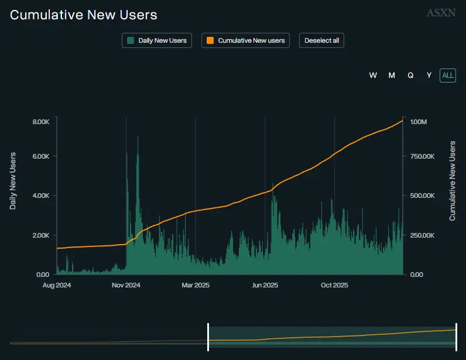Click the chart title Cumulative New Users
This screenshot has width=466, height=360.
pos(84,15)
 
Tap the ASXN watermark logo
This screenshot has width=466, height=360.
pos(441,12)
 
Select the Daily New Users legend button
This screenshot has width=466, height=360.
pos(157,40)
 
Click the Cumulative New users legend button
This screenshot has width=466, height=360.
pos(245,40)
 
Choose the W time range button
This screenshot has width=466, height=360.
pos(373,75)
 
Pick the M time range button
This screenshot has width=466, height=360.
pos(392,75)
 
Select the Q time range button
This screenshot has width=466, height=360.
pos(410,75)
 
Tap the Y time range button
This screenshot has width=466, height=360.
pos(429,75)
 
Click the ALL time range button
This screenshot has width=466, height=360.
pos(448,75)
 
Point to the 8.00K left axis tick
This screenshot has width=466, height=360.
pos(41,122)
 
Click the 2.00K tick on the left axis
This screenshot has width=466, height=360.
pos(41,235)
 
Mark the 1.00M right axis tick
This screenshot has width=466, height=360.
pos(419,122)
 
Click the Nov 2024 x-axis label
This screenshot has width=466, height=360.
pos(126,286)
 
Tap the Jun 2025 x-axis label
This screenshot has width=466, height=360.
pos(265,286)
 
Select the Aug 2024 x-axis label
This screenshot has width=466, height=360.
pos(57,286)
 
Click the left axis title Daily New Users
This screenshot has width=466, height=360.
pos(12,181)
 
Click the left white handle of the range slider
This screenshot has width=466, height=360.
pos(208,337)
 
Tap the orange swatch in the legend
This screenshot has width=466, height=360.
pos(210,40)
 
